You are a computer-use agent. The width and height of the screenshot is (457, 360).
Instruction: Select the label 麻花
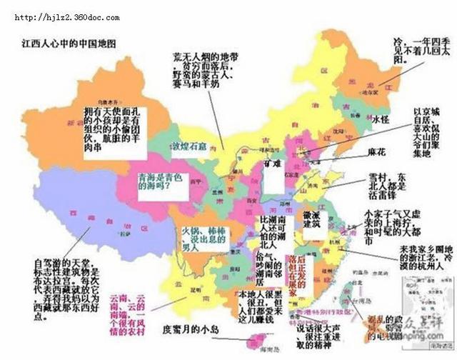[376, 152]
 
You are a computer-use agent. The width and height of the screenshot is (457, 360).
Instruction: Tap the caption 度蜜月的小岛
[194, 330]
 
